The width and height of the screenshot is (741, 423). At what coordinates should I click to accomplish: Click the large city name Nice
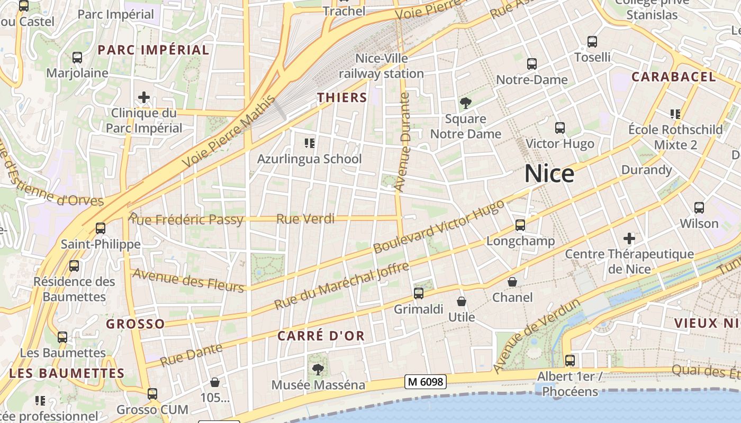pos(549,174)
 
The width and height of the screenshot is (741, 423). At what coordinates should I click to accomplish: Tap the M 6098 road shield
pos(426,381)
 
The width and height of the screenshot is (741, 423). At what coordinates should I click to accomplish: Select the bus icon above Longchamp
pos(520,225)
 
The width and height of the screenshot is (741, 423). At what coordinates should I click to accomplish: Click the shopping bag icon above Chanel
pos(512,282)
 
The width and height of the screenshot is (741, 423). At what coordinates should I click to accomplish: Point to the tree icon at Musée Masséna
pos(318,369)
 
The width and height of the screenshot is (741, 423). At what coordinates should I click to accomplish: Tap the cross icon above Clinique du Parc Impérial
pos(143,97)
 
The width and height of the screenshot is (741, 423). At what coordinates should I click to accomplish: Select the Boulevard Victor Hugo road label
pos(439,226)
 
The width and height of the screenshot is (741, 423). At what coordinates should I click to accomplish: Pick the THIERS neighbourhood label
pos(342,97)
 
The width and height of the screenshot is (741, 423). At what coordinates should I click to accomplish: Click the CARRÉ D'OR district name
pos(321,336)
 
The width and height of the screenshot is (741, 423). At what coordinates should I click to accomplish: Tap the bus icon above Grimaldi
pos(419,293)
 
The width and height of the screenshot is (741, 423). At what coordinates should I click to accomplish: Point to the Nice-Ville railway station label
pos(382,66)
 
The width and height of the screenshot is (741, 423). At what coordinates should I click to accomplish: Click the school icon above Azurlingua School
pos(310,143)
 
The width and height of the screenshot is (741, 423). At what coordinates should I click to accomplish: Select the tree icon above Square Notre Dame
pos(466,103)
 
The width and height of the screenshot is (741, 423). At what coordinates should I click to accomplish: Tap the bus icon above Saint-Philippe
pos(100,228)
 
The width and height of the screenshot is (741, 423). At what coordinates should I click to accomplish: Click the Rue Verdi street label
pos(305,218)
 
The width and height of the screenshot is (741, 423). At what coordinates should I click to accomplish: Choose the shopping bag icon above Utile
pos(462,302)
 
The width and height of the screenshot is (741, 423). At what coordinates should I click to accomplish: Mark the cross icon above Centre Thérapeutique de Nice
pos(629,238)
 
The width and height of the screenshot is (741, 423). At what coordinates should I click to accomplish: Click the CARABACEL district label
pos(673,77)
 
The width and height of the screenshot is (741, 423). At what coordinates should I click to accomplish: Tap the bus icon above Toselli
pos(592,41)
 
